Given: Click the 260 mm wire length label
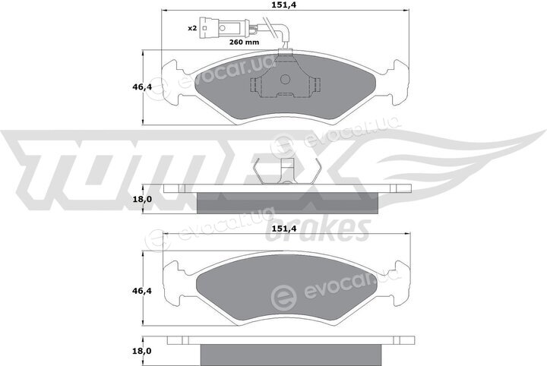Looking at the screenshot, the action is [244, 43].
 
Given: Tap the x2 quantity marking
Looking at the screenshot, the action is [192, 28].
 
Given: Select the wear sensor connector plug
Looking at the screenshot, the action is [225, 28].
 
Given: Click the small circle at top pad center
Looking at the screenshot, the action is [286, 80].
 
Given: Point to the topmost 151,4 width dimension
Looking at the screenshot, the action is [285, 5].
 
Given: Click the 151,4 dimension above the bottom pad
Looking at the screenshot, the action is [285, 229].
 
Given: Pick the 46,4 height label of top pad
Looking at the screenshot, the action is [142, 87].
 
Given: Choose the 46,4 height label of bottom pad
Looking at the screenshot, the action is [142, 290].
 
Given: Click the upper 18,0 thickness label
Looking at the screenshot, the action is [142, 200].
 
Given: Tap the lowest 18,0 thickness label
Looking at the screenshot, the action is [142, 351].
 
